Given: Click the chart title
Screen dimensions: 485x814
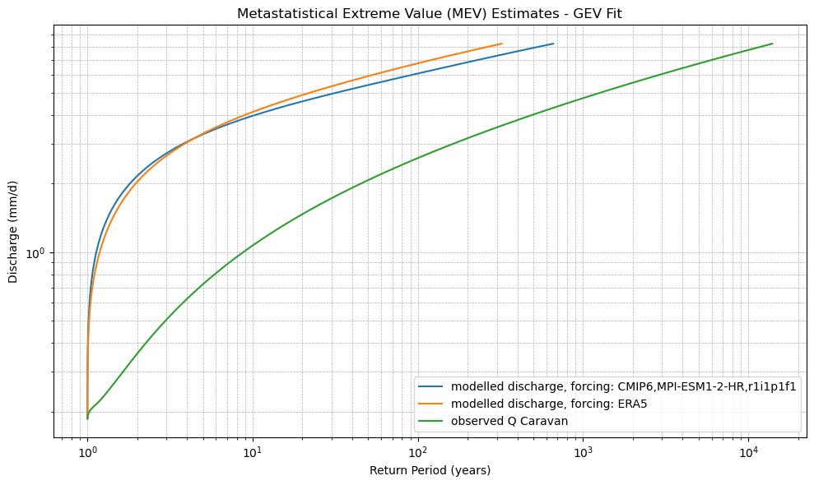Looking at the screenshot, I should coord(430,13).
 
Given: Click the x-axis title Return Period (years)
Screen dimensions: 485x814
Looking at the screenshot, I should coord(430,470).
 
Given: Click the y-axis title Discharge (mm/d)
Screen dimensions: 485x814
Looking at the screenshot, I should coord(13,231).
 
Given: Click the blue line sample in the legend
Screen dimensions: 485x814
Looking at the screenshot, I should coord(434,387).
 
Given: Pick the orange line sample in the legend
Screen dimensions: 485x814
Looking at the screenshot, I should coord(434,404).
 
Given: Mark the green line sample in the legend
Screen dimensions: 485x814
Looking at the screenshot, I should coord(434,421).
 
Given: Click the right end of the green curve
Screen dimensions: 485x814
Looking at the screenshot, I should coord(772,44).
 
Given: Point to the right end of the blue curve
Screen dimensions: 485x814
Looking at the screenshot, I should coord(553,44).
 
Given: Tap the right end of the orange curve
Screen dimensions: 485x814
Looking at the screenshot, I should coord(501,44).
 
